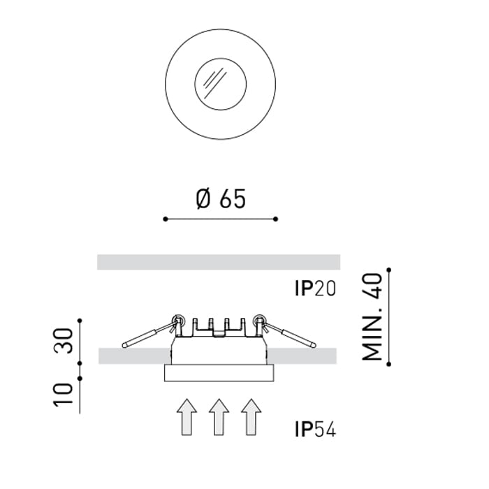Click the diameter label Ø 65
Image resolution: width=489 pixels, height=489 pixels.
tap(221, 199)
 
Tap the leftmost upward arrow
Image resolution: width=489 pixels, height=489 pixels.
tap(186, 417)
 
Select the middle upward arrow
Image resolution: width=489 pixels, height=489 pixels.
tap(219, 417)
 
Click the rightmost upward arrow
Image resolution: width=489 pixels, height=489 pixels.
tap(251, 417)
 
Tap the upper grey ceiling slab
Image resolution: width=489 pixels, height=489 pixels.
tap(219, 262)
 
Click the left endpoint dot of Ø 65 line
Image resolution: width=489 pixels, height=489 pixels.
tap(165, 219)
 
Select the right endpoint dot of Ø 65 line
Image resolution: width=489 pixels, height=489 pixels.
tap(276, 219)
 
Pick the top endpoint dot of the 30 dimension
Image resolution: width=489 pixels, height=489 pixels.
tap(80, 321)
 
